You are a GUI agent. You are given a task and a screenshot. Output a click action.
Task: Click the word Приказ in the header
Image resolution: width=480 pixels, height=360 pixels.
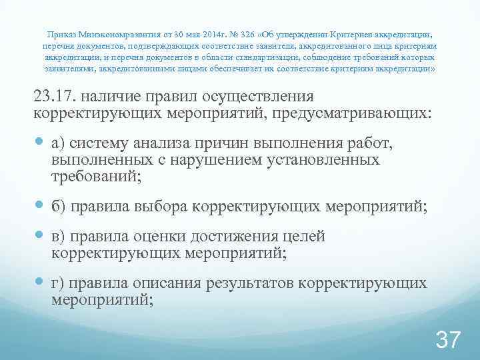[x=62, y=33]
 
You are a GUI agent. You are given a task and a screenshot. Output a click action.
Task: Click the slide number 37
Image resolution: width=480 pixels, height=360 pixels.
[x=447, y=341]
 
